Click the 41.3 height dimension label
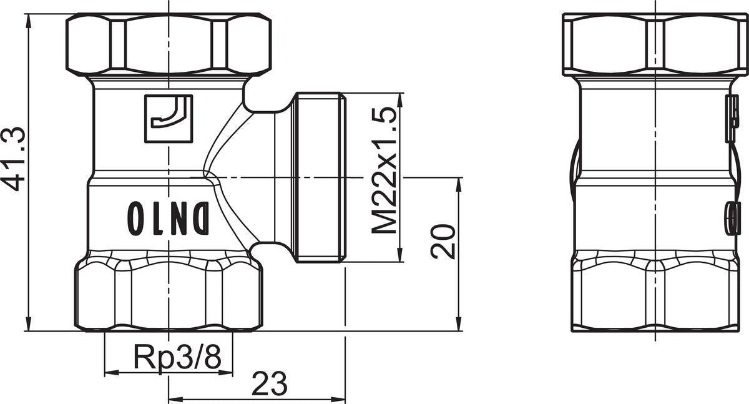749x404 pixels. click(13, 159)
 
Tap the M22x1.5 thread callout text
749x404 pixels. click(384, 170)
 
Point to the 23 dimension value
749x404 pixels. click(270, 383)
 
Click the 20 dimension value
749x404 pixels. click(443, 242)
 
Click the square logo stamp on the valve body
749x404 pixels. click(169, 119)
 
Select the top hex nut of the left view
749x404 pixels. click(169, 44)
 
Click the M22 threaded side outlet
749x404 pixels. click(320, 177)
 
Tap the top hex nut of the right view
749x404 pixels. click(655, 44)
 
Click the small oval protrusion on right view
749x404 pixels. click(732, 218)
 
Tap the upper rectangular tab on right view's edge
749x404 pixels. click(732, 118)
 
